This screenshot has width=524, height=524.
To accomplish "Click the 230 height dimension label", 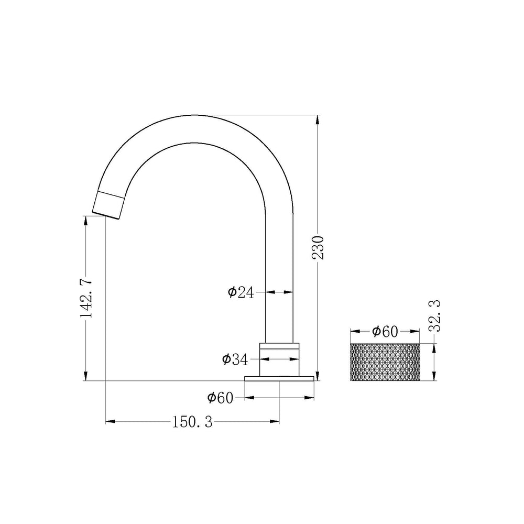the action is pos(318,248).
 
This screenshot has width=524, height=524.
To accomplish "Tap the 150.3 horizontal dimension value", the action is pos(192,422).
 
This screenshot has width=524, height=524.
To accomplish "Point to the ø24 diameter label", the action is pos(241,292).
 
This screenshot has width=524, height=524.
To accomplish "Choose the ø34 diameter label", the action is pos(235,359).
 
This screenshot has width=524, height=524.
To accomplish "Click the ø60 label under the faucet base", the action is pos(220,398).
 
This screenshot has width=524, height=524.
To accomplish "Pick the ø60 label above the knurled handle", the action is pos(385,332).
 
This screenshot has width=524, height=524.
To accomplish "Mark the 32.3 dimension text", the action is pos(434,316).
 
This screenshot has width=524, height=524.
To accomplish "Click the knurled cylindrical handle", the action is pos(385,362).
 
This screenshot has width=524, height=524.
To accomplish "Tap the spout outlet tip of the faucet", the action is pos(106,215).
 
